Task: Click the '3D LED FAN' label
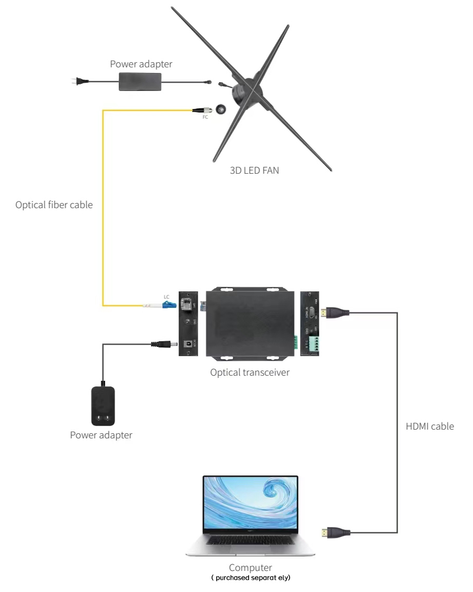[x=254, y=170]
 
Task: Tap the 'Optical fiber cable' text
[x=54, y=205]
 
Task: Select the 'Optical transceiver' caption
[x=250, y=372]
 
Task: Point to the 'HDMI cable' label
[x=430, y=426]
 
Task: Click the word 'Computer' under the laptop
[x=250, y=568]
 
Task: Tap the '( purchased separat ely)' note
[x=251, y=577]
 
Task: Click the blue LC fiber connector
[x=168, y=305]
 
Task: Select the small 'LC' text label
[x=166, y=297]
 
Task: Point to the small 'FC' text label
[x=206, y=118]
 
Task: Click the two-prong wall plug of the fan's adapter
[x=78, y=81]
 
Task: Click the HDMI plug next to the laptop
[x=335, y=532]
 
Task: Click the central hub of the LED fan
[x=244, y=91]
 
